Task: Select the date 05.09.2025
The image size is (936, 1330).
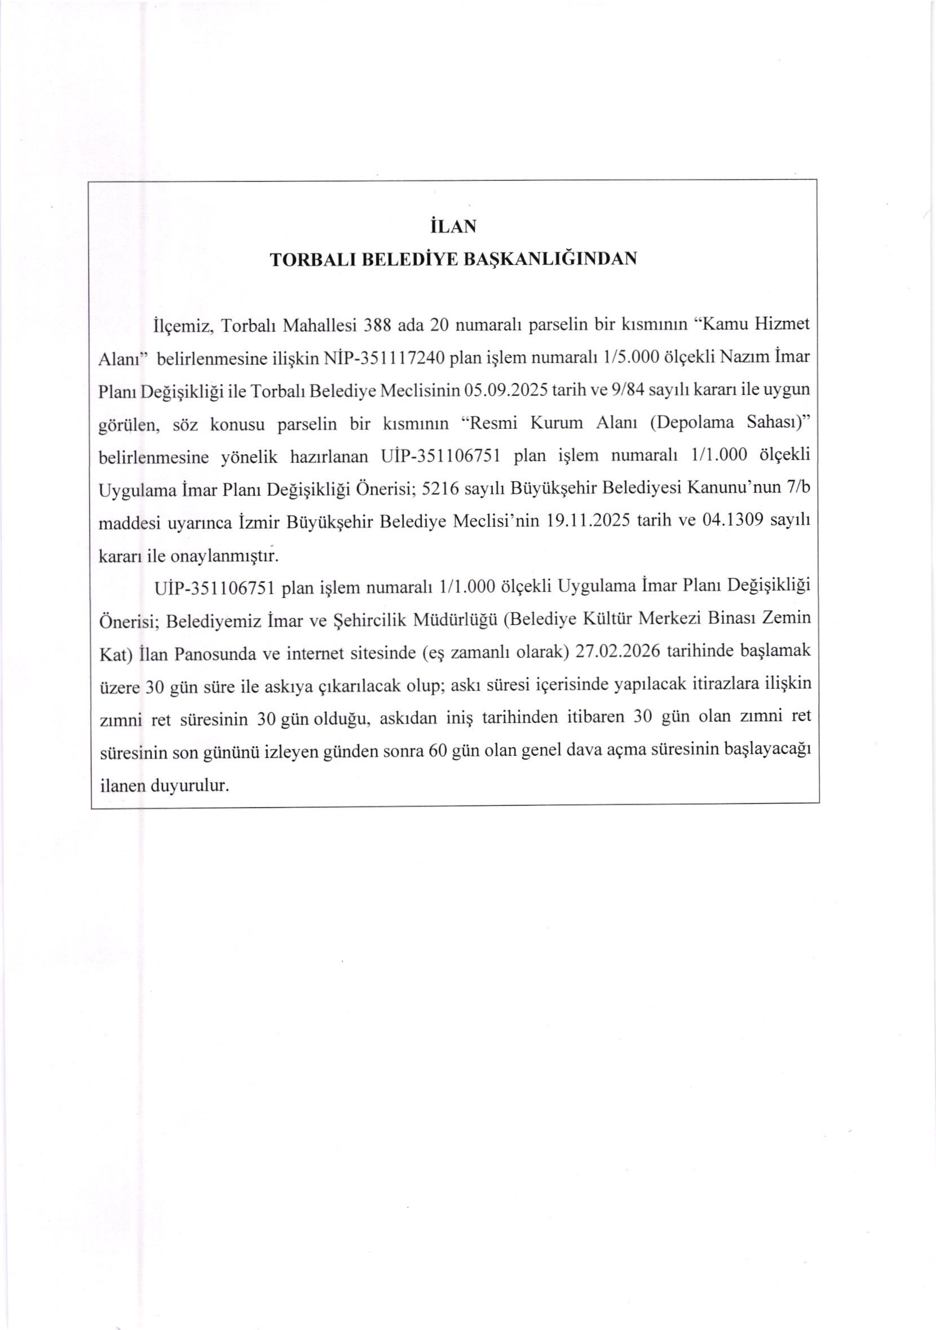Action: point(506,392)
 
